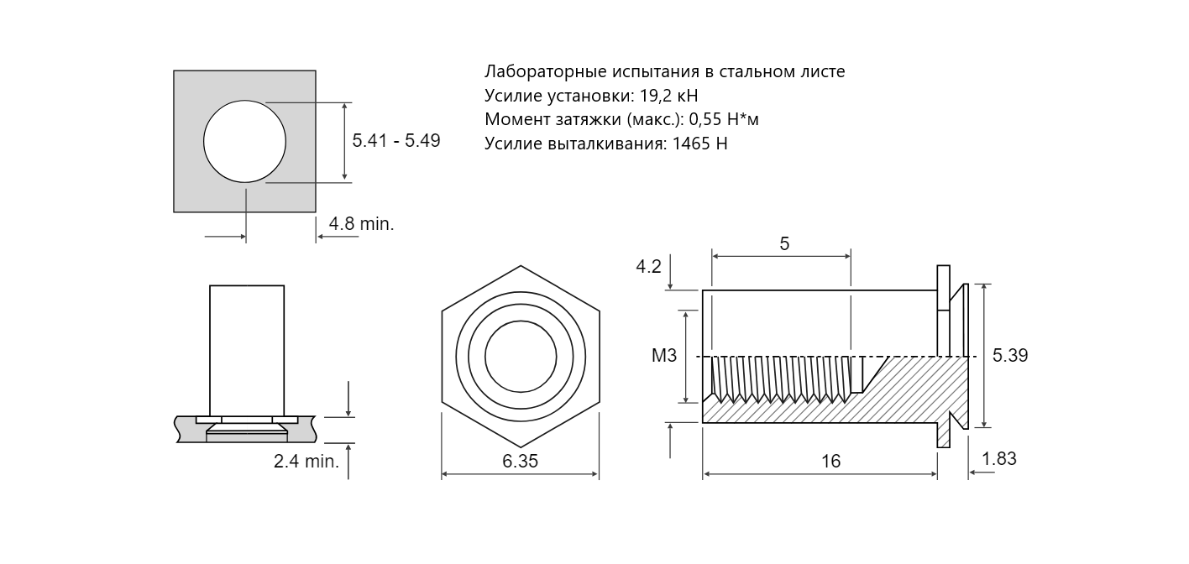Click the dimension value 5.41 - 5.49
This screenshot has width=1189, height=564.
[x=396, y=141]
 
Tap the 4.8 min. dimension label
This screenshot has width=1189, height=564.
[x=361, y=223]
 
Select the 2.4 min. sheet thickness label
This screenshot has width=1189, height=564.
[x=306, y=461]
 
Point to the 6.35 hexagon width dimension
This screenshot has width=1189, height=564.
[x=521, y=461]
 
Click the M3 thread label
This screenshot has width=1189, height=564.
[x=664, y=356]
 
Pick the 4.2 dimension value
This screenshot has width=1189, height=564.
[x=648, y=266]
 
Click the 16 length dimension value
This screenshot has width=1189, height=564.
[x=830, y=461]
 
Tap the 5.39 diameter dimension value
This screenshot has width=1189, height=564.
[x=1010, y=355]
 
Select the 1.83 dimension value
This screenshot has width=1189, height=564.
[x=999, y=458]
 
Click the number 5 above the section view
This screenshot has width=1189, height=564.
[x=784, y=243]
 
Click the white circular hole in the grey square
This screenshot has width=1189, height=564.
[x=244, y=141]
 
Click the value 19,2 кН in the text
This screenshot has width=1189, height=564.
[x=668, y=96]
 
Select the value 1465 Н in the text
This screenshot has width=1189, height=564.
[x=699, y=144]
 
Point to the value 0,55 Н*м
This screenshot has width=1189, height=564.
[x=724, y=119]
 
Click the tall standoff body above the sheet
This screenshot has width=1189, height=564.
[x=247, y=351]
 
